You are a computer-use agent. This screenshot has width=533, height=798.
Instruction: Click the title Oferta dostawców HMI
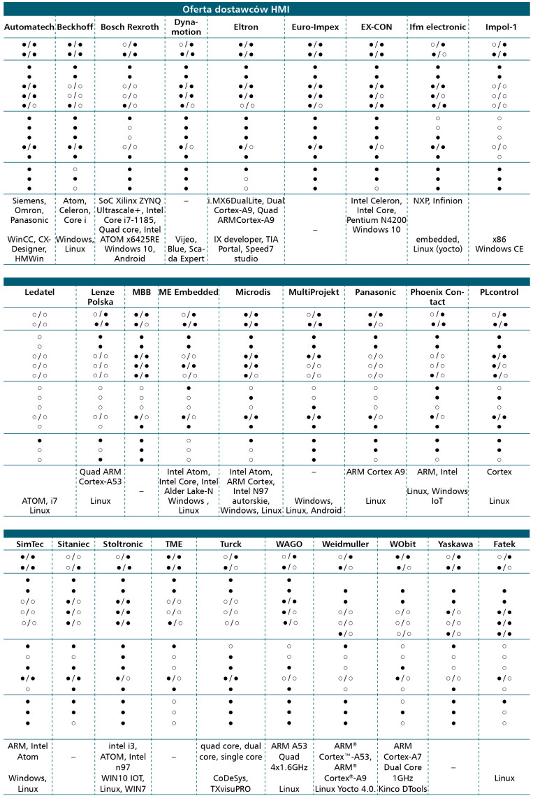[266, 9]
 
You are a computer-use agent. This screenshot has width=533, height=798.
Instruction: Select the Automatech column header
[28, 27]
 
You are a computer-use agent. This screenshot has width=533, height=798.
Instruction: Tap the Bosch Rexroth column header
[130, 27]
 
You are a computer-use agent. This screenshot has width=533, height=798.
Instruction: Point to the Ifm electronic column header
[438, 27]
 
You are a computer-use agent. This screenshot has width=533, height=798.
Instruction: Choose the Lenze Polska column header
[101, 296]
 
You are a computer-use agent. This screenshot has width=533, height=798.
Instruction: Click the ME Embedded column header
[189, 292]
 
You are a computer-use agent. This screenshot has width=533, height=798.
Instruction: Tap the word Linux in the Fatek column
[504, 777]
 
